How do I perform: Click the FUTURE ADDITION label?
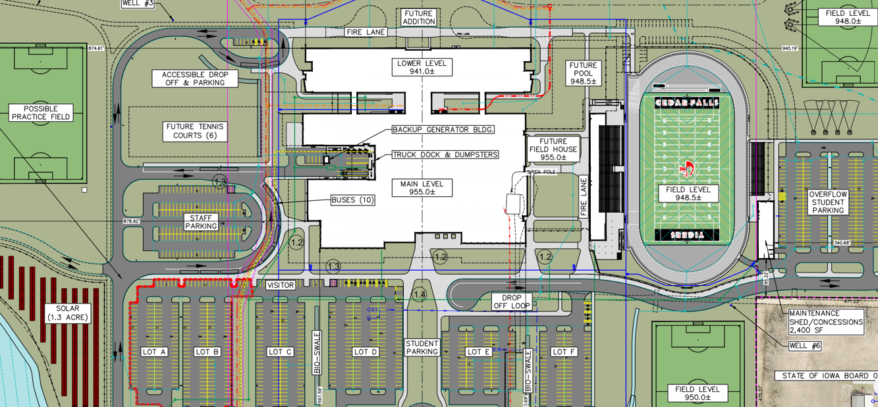419,18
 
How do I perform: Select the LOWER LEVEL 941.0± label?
422,67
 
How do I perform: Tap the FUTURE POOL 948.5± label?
583,73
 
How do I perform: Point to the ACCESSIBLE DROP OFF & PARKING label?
195,79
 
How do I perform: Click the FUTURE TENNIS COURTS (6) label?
195,131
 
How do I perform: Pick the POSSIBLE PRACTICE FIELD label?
41,113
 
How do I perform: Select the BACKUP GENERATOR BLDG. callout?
443,130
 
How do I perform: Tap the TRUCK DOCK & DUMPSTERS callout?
445,155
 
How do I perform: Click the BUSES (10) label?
353,200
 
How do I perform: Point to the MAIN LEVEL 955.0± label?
422,188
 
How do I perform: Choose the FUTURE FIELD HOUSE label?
553,149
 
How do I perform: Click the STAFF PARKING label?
201,221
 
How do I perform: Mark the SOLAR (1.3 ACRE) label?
67,313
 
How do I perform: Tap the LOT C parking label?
280,352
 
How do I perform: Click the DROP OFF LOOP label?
511,302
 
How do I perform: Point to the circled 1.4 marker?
419,294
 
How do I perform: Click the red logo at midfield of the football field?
686,169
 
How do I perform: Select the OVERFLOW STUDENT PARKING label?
827,203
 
